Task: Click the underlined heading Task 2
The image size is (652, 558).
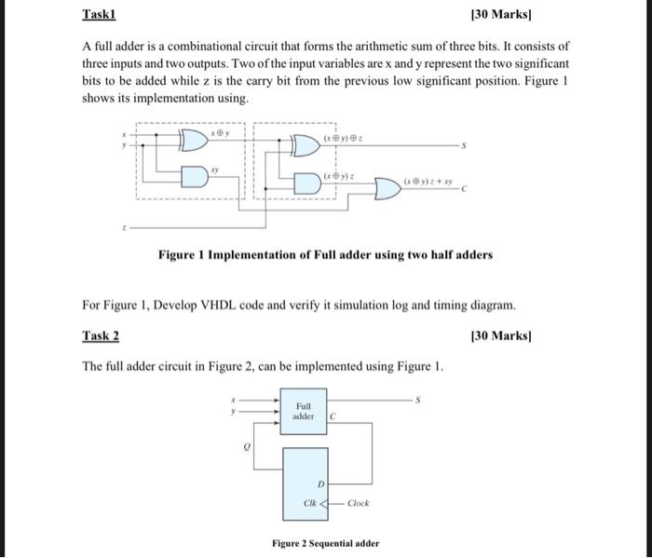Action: click(100, 335)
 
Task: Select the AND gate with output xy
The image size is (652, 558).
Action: click(194, 174)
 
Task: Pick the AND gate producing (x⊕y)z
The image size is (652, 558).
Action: click(308, 181)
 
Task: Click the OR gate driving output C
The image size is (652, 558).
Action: click(387, 189)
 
